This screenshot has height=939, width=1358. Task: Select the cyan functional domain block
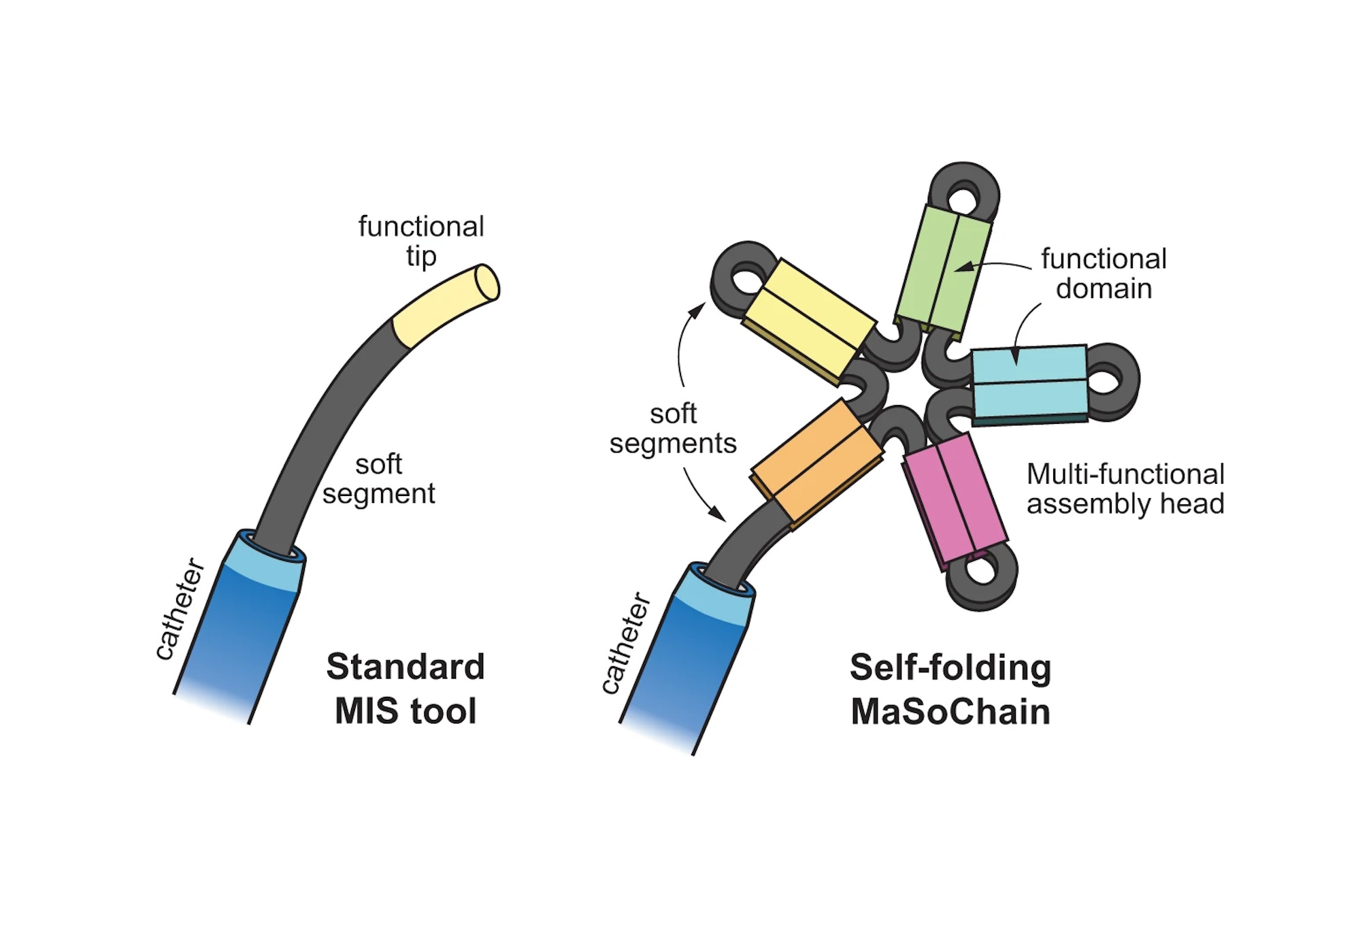(x=1029, y=383)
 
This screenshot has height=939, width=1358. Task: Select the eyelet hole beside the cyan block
(x=1106, y=379)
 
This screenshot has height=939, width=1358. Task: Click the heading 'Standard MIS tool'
(x=405, y=689)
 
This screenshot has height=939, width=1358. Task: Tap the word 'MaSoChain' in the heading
(x=950, y=712)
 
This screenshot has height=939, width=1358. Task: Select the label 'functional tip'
(x=421, y=241)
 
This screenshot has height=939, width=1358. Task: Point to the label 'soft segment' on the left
(x=378, y=479)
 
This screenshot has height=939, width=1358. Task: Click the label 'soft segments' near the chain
(x=673, y=429)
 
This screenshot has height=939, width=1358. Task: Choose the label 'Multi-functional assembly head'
(x=1125, y=489)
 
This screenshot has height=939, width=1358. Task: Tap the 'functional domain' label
(x=1103, y=274)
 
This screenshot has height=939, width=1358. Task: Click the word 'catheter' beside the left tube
(x=180, y=609)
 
